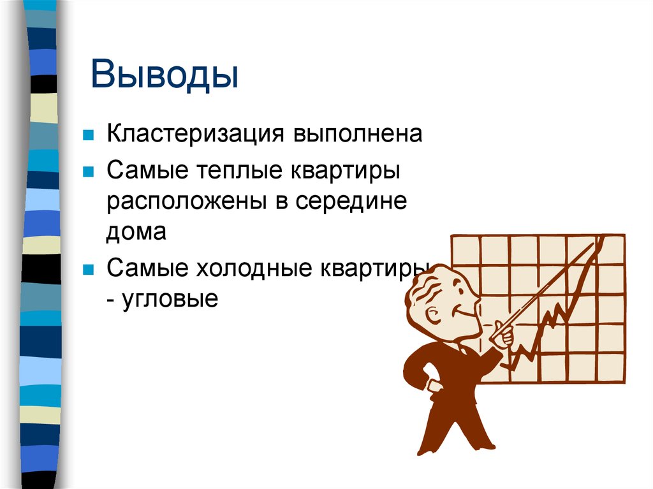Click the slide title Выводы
click(164, 75)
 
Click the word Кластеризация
click(195, 135)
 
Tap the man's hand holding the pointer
click(502, 334)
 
